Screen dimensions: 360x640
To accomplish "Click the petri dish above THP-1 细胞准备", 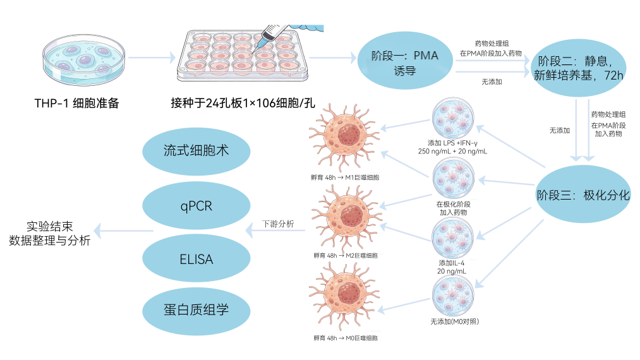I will point(83,60).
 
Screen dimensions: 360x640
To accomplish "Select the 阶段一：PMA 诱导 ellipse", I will point(405,62).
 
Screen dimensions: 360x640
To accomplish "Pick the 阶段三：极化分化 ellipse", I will point(583,195).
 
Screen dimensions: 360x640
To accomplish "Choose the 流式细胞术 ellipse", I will point(196,151).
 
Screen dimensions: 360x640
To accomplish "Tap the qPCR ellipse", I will point(196,206).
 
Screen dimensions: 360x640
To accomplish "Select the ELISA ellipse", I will point(196,259).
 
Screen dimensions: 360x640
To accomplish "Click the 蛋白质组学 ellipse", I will point(196,310).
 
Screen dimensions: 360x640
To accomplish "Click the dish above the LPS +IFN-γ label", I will point(452,119).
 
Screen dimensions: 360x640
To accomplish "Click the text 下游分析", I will point(277,224).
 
